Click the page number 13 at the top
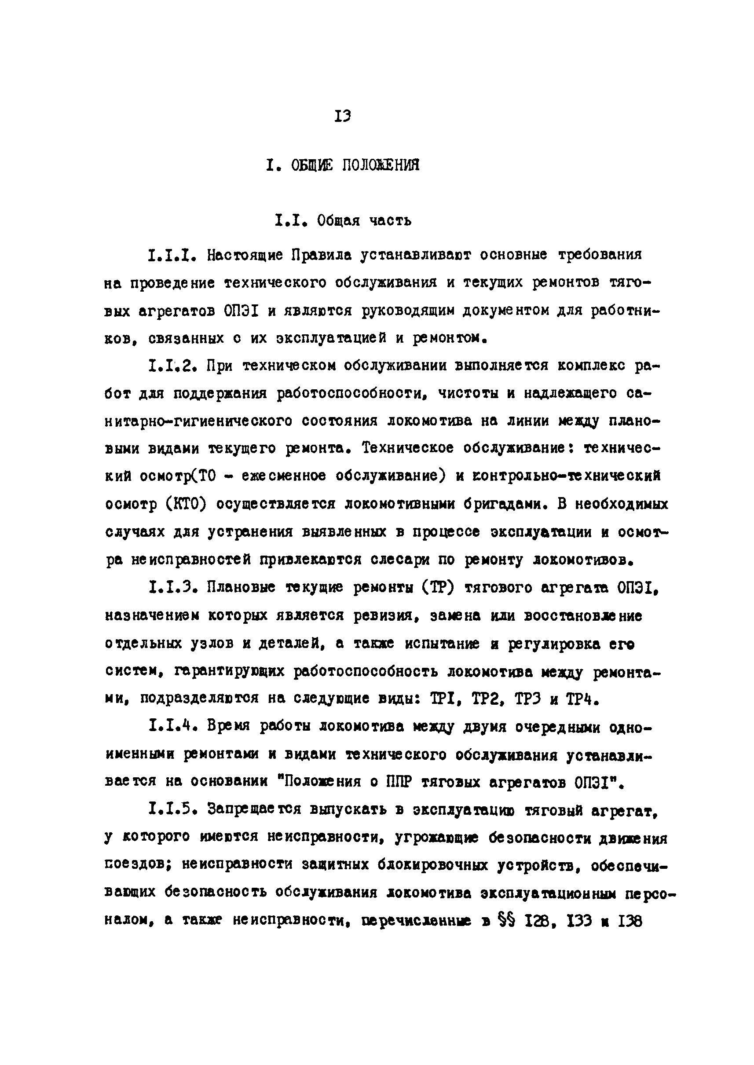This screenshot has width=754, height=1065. [x=342, y=116]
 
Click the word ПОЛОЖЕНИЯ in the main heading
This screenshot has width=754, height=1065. [x=381, y=165]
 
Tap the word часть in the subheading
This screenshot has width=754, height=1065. [x=390, y=220]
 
